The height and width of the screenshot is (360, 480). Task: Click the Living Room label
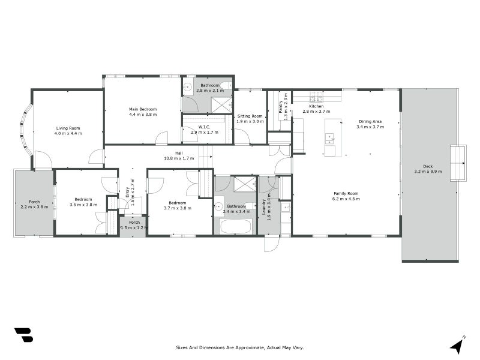pyautogui.click(x=68, y=128)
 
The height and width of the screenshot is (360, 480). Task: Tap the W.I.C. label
pyautogui.click(x=204, y=126)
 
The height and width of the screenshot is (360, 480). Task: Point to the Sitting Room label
pyautogui.click(x=250, y=116)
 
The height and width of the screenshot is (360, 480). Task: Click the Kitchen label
pyautogui.click(x=316, y=106)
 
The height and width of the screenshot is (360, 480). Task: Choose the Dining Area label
pyautogui.click(x=370, y=121)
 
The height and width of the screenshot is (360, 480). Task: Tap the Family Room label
pyautogui.click(x=346, y=193)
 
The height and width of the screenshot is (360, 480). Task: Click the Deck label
pyautogui.click(x=428, y=167)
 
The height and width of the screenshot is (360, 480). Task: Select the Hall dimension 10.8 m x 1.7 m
pyautogui.click(x=179, y=158)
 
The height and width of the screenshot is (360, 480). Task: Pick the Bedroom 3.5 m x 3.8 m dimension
pyautogui.click(x=83, y=205)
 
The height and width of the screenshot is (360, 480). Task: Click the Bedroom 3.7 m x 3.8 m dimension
pyautogui.click(x=177, y=208)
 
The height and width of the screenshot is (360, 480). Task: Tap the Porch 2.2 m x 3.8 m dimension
pyautogui.click(x=34, y=207)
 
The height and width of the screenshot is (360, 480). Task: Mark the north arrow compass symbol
pyautogui.click(x=458, y=345)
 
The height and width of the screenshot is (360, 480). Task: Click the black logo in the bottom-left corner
pyautogui.click(x=23, y=335)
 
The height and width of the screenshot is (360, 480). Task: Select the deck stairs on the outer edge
pyautogui.click(x=458, y=163)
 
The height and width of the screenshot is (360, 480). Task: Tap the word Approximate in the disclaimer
pyautogui.click(x=238, y=347)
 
